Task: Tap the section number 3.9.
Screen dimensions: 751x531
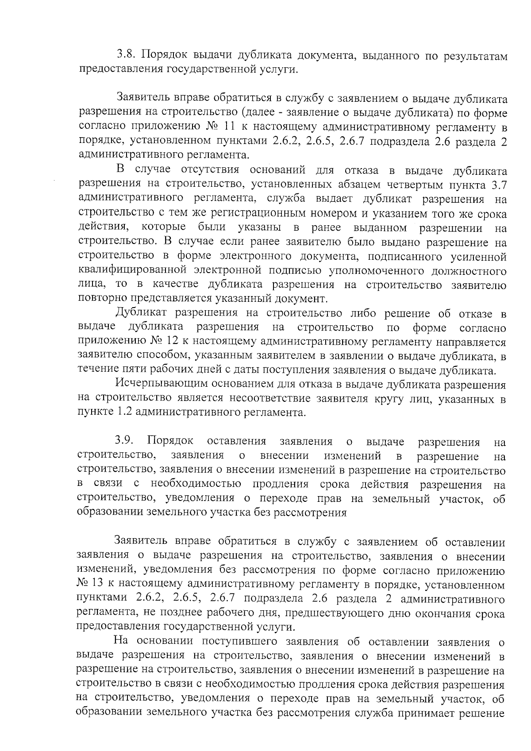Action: [x=124, y=441]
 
